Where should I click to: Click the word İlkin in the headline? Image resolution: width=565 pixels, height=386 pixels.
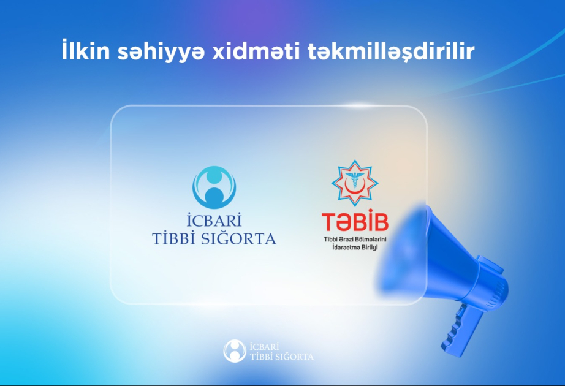point(85,50)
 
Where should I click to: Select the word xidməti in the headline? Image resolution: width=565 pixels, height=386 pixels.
point(256,51)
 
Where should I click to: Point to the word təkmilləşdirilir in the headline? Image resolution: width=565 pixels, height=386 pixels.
point(390,52)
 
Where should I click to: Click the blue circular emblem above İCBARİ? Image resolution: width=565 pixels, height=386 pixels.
point(214,187)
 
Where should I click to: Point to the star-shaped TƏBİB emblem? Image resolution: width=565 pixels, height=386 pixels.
point(355,183)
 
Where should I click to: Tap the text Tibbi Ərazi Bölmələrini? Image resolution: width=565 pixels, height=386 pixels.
point(355,240)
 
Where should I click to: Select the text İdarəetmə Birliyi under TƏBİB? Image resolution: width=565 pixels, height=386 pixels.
point(355,248)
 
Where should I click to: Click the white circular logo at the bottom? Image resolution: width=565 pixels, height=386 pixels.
point(235,350)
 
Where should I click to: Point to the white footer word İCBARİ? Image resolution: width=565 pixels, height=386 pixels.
point(265,346)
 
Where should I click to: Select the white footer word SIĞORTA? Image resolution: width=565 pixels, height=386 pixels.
point(296,357)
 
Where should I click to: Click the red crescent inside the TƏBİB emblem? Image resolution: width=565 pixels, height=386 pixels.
point(354,186)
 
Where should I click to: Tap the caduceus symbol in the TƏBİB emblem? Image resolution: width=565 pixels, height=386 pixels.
point(355,180)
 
